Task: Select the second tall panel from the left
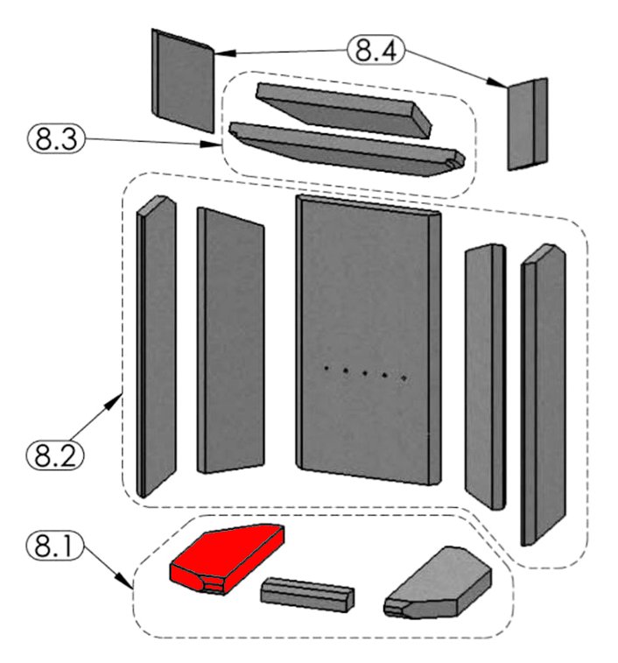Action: (x=230, y=342)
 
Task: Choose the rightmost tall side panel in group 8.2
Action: (x=543, y=394)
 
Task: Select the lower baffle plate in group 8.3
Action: (x=341, y=147)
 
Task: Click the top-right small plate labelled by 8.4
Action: (x=528, y=123)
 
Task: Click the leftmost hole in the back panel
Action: (x=327, y=369)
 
